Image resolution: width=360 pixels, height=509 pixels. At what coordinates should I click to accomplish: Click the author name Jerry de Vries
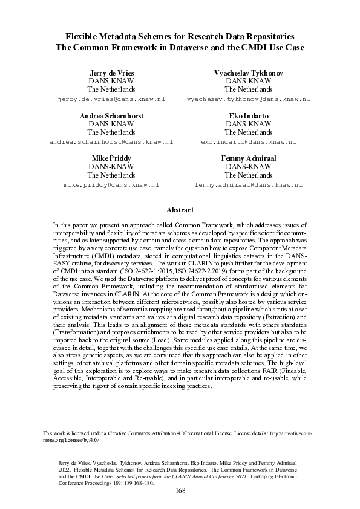tap(111, 73)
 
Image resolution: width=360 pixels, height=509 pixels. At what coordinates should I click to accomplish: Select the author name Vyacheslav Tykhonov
tap(248, 73)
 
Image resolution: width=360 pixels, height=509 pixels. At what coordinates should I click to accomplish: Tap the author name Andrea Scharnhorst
tap(111, 115)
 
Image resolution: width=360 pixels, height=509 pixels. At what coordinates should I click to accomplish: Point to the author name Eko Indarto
tap(248, 115)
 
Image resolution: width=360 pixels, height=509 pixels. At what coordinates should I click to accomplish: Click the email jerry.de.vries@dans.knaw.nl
tap(111, 99)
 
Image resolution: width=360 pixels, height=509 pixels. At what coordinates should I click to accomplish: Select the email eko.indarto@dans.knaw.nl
tap(248, 141)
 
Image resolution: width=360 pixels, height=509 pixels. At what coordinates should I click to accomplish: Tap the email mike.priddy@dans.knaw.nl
tap(111, 184)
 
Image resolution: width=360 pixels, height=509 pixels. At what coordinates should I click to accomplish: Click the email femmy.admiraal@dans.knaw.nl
tap(248, 184)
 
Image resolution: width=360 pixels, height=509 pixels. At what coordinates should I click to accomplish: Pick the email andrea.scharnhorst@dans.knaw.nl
tap(111, 141)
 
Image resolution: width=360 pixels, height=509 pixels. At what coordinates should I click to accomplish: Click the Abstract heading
tap(180, 210)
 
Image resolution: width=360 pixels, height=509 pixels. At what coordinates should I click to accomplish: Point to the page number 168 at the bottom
tap(180, 491)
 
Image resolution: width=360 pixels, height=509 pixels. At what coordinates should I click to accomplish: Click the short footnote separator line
tap(59, 423)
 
